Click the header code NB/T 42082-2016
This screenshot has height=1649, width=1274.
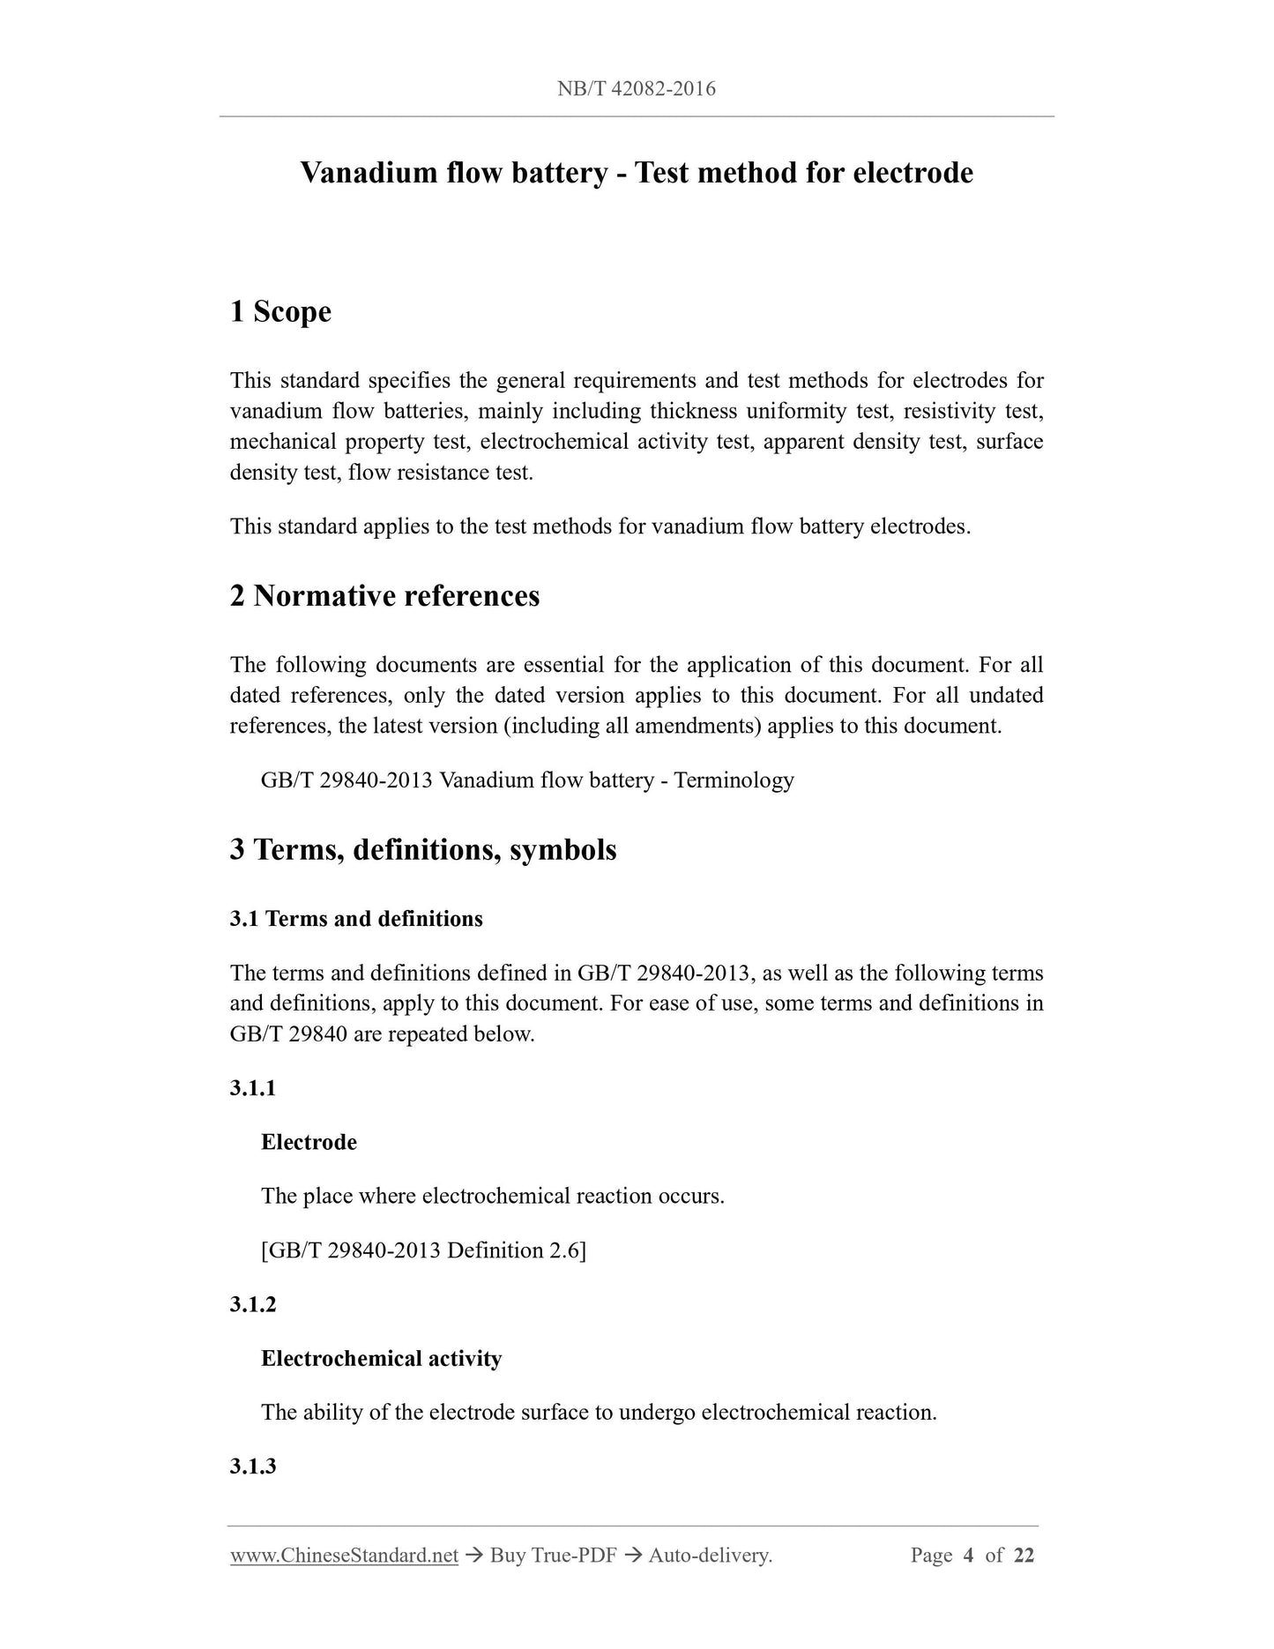636,88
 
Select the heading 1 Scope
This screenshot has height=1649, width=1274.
280,311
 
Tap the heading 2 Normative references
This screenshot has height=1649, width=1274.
384,596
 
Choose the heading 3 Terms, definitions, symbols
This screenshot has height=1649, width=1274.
423,850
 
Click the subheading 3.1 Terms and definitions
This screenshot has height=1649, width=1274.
356,919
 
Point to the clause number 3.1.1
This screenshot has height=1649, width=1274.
253,1088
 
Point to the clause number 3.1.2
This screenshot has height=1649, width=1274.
253,1304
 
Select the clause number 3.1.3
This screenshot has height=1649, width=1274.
253,1466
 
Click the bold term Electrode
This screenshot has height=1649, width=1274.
309,1143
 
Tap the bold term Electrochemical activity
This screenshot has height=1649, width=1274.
381,1359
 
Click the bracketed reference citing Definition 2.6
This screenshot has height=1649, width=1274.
423,1250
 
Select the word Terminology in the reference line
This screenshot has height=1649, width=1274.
734,780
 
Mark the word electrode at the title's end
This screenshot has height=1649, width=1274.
913,173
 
